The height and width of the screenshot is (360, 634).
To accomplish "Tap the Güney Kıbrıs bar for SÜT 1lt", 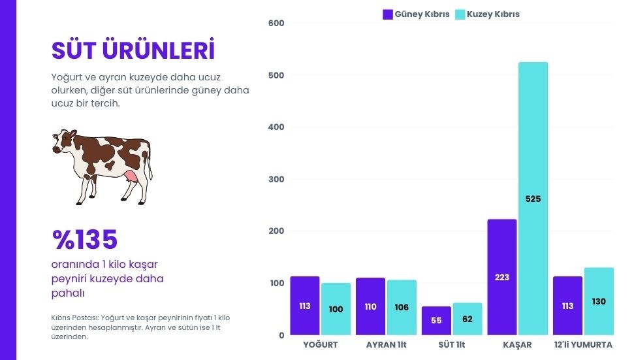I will coord(436,320).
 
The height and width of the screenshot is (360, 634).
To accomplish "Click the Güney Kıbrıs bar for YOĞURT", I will coord(305,305).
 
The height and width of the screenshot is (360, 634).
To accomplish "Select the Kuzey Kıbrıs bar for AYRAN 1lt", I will coord(402,307).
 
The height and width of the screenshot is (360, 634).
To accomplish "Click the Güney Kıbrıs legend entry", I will coord(416,14).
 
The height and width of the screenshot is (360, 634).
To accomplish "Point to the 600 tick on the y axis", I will coord(276,24).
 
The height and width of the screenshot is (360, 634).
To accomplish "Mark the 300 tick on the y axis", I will coord(276,179).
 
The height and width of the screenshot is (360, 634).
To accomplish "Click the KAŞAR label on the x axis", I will coord(518,345).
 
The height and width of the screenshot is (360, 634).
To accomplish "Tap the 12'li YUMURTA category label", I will coord(582,345).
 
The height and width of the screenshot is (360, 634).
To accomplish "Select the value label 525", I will coord(533,199).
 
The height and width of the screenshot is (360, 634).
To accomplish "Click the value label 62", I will coord(468,319).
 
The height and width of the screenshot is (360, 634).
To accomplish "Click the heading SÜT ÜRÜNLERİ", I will coord(133,50).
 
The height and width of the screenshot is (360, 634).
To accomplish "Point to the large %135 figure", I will coord(85,240).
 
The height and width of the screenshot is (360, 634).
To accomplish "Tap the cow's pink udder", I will coord(131,178).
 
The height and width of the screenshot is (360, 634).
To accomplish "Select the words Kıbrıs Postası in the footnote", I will coord(73,318).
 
